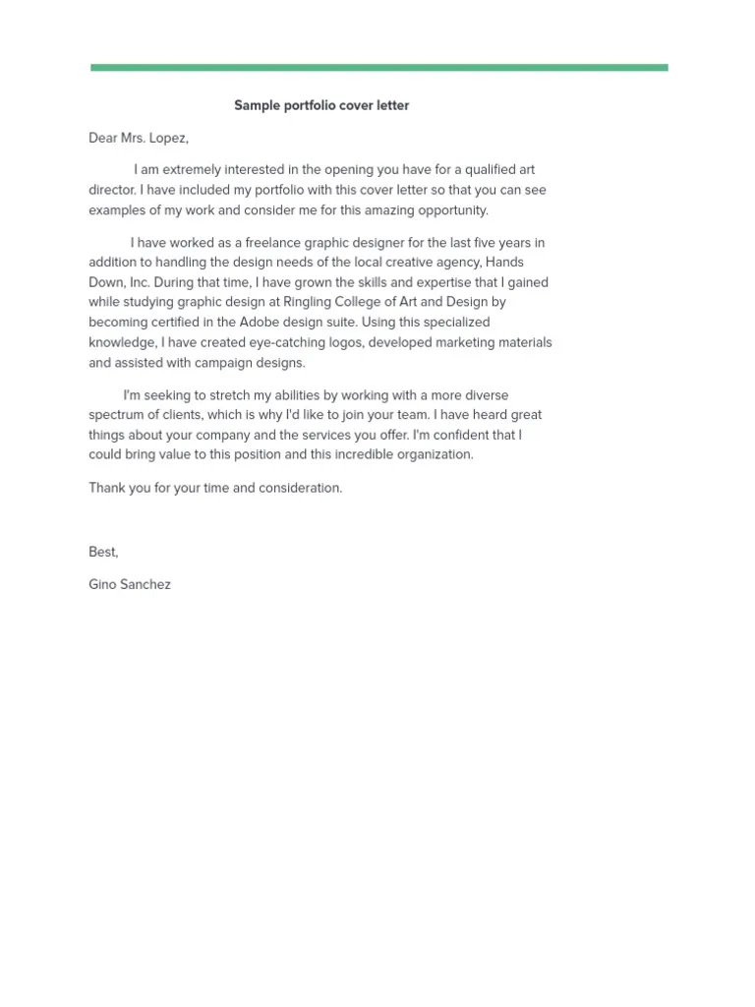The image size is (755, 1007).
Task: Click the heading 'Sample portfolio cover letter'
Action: [321, 105]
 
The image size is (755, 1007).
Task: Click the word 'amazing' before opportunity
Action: [398, 210]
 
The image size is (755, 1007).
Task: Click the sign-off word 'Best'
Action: [103, 553]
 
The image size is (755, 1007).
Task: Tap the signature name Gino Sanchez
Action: [130, 584]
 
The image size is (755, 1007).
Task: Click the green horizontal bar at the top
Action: [378, 68]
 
